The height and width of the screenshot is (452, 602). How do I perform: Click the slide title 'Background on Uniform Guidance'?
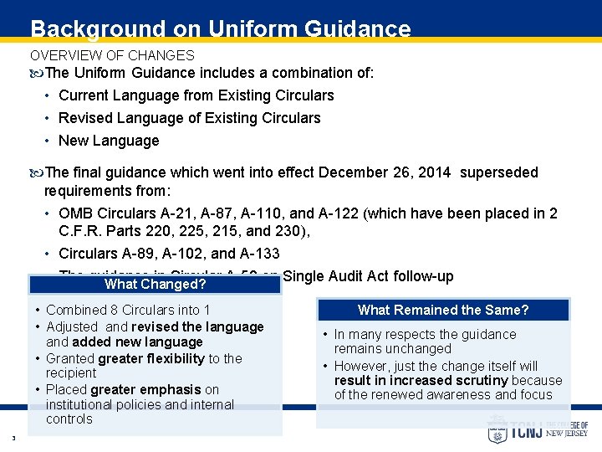click(x=221, y=29)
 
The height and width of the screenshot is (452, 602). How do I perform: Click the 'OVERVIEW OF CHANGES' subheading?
click(x=112, y=55)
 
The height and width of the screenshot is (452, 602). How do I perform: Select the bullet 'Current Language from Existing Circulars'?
click(x=196, y=95)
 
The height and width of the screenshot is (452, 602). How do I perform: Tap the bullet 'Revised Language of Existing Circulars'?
click(x=189, y=118)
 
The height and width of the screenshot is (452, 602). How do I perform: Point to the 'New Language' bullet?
click(x=109, y=141)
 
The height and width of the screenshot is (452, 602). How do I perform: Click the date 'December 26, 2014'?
click(x=385, y=172)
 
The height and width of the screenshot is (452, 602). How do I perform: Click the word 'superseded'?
click(x=499, y=172)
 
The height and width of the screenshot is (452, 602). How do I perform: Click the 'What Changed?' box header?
click(x=155, y=285)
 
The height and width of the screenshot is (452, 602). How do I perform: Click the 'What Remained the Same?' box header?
click(x=443, y=311)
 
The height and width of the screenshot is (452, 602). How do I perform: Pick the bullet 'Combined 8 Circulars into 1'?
click(x=128, y=311)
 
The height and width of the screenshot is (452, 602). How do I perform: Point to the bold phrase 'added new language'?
click(x=137, y=342)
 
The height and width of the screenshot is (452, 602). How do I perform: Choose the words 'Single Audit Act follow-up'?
click(x=368, y=276)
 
